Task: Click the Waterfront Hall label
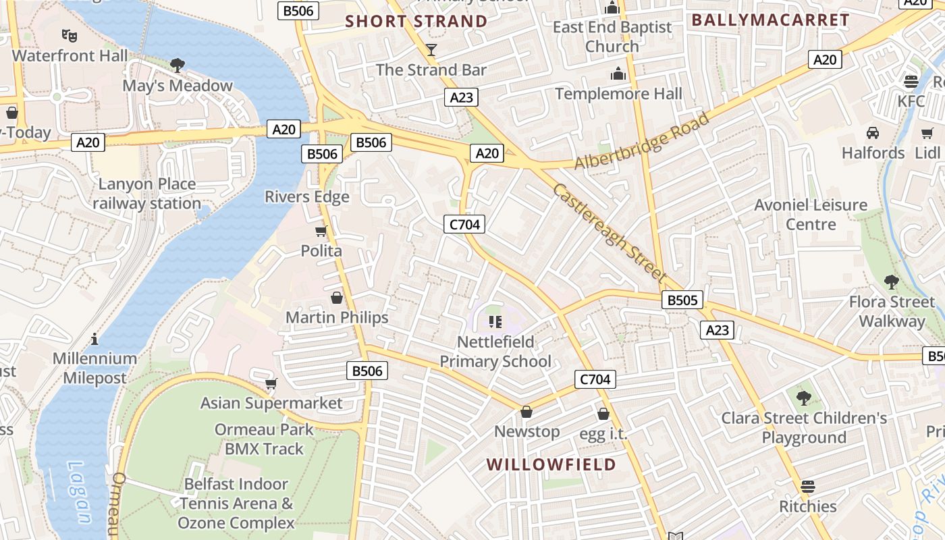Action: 70,55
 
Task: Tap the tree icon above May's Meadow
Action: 178,65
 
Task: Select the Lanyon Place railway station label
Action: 147,194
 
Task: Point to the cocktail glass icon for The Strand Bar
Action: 431,49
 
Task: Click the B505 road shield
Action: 682,300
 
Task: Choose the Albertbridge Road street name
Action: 641,142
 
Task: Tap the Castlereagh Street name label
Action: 610,233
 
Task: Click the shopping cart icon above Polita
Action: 321,231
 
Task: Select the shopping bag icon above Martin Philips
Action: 336,298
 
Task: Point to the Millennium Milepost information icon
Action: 94,338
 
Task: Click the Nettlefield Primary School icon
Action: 495,322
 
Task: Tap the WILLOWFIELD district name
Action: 551,464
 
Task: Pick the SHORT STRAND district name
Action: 416,21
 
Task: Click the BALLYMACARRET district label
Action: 770,20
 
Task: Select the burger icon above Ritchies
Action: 807,486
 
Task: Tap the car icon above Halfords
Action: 873,132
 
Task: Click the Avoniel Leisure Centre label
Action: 811,214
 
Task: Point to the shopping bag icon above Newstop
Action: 526,412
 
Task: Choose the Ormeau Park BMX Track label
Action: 264,439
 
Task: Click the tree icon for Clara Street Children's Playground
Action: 803,398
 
